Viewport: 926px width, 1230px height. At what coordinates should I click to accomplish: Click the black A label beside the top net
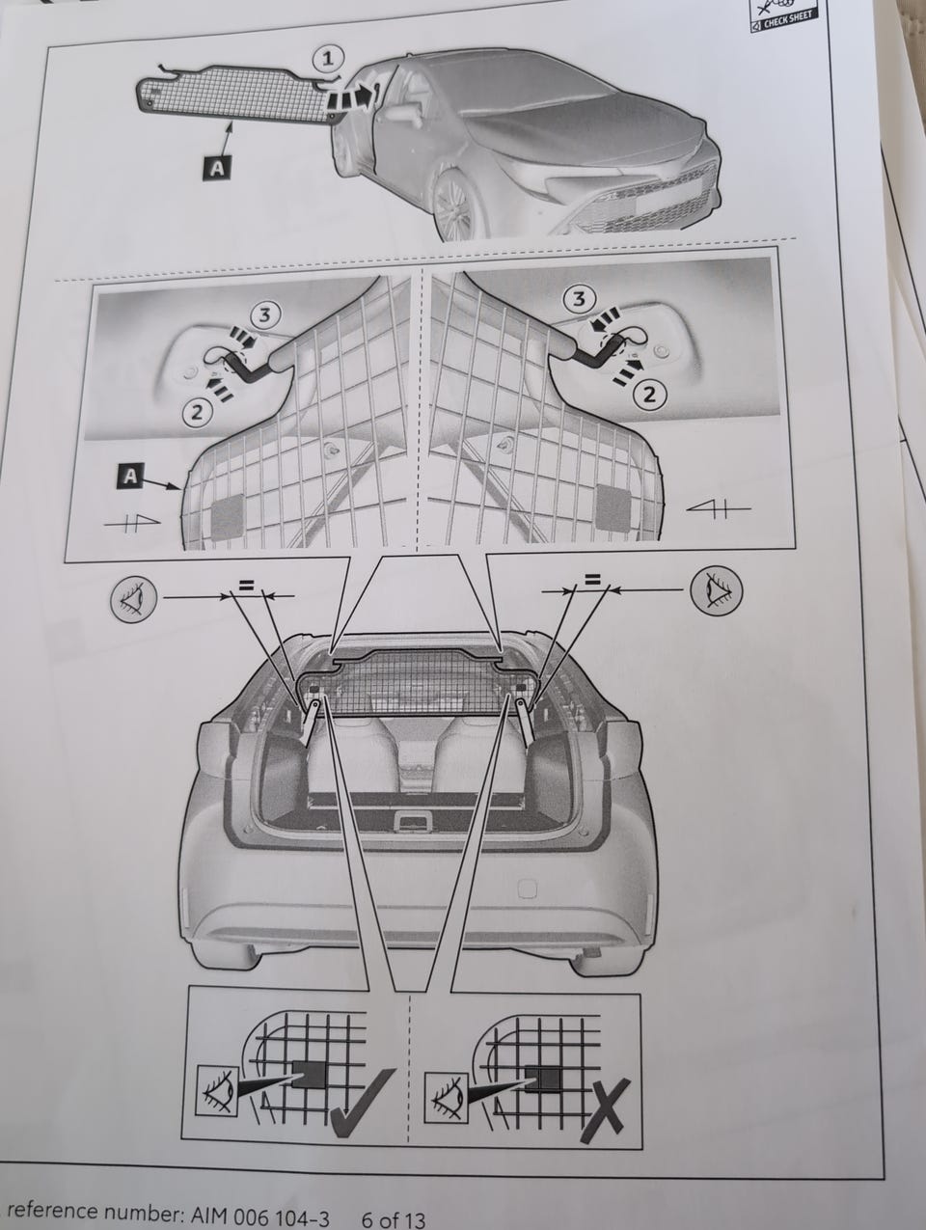tap(217, 168)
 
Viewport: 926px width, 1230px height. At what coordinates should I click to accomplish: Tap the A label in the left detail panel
tap(129, 476)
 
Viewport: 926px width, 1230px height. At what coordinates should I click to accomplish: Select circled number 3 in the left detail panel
tap(264, 316)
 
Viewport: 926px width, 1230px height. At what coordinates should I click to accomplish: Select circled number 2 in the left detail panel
tap(197, 412)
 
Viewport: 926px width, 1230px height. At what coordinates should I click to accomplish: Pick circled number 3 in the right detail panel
tap(579, 300)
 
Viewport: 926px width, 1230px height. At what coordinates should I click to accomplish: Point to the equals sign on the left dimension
tap(246, 585)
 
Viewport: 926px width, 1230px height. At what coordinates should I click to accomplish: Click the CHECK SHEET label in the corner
tap(782, 20)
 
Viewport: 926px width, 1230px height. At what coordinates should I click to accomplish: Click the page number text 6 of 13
tap(394, 1217)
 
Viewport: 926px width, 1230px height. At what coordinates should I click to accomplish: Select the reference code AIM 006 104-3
tap(260, 1216)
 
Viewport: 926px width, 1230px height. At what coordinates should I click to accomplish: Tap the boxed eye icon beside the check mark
tap(218, 1100)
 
